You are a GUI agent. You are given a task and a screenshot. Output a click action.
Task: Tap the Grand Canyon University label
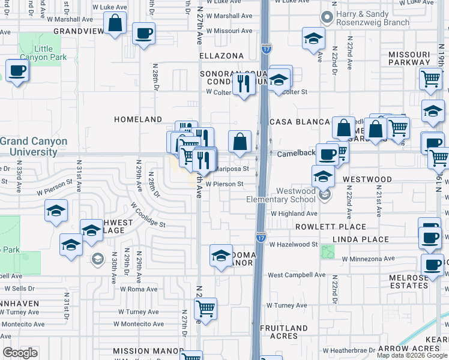(x=34, y=146)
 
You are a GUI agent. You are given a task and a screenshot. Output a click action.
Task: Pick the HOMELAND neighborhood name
(x=139, y=120)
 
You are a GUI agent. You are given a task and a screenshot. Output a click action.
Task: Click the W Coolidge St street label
(x=148, y=214)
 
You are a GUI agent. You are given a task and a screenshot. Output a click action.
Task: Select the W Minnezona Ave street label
(x=368, y=259)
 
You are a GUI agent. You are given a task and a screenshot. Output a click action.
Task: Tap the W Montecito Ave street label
(x=142, y=324)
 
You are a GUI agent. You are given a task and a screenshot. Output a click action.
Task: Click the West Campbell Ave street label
(x=297, y=275)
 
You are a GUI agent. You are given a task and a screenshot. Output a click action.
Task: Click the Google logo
(x=20, y=353)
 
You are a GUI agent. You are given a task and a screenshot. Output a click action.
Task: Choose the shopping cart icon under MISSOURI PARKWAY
(x=430, y=79)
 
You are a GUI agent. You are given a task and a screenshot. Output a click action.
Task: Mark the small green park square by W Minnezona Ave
(x=327, y=251)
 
